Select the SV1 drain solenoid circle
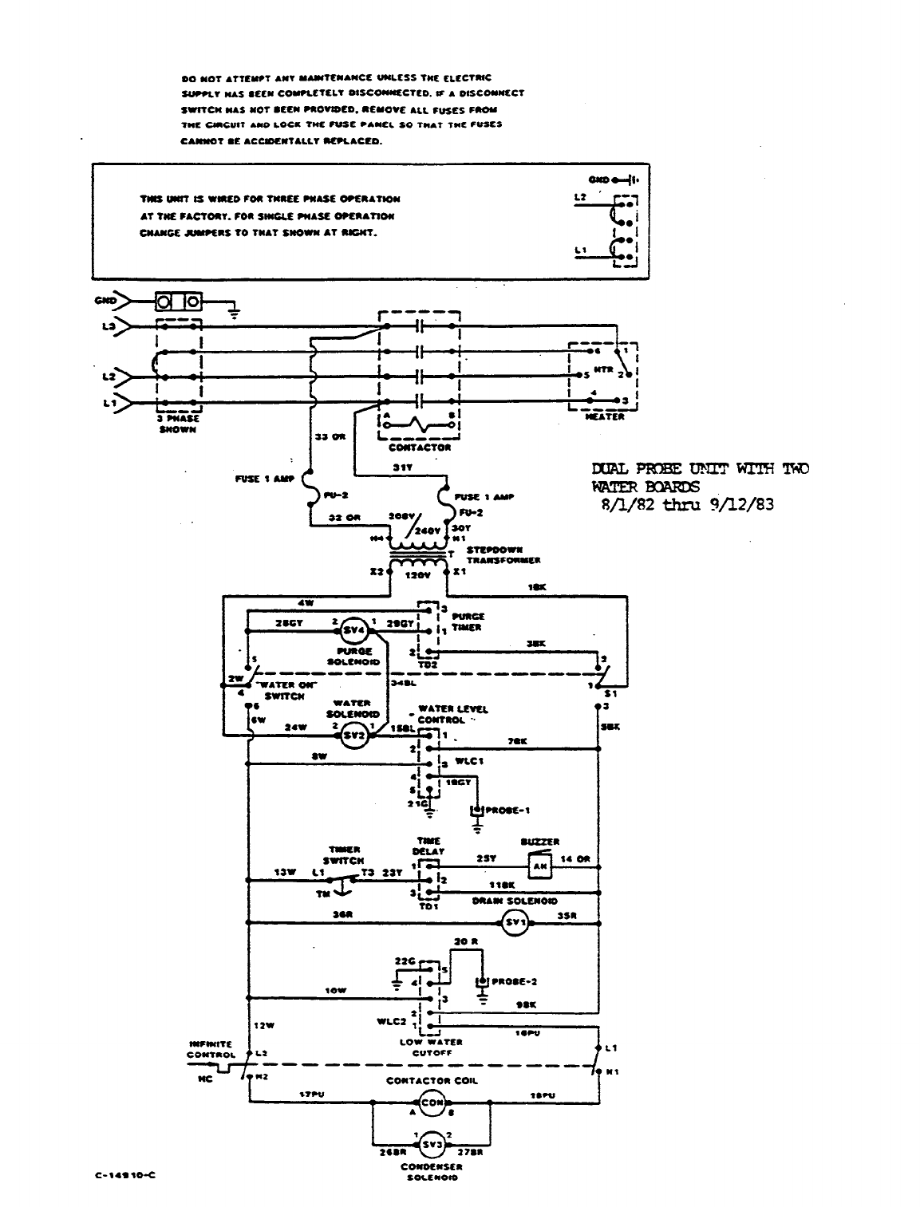tap(515, 924)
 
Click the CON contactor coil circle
tap(432, 1103)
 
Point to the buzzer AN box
tap(539, 865)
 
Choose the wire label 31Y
tap(403, 467)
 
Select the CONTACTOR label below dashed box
tap(420, 448)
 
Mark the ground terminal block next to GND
tap(177, 302)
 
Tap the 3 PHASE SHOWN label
tap(178, 424)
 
